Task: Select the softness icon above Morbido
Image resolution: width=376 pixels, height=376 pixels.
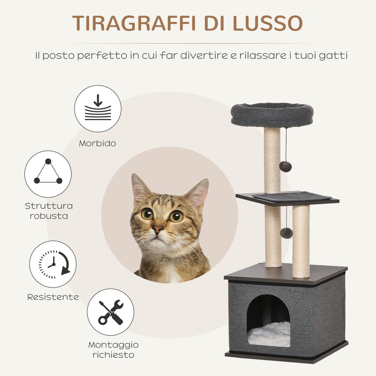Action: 98,109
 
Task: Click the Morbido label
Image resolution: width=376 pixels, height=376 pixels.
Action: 98,143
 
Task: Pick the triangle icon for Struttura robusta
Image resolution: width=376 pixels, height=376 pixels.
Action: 48,174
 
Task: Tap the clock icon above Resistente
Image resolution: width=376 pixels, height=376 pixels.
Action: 53,264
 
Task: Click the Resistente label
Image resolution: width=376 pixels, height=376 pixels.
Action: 53,297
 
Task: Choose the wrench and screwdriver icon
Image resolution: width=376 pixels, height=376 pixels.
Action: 110,312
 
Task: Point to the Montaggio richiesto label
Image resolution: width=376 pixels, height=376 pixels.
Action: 113,349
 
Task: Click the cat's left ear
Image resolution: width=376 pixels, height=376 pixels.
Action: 140,187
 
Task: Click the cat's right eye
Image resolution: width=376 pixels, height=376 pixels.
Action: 176,216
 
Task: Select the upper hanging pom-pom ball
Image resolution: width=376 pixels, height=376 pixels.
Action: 285,166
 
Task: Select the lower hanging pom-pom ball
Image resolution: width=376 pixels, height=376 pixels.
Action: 286,233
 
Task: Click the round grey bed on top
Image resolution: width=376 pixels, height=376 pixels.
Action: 272,114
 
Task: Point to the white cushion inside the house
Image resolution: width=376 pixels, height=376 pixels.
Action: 269,334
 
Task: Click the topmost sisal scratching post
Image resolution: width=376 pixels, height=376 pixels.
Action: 272,160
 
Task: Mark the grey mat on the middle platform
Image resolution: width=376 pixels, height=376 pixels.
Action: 291,196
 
